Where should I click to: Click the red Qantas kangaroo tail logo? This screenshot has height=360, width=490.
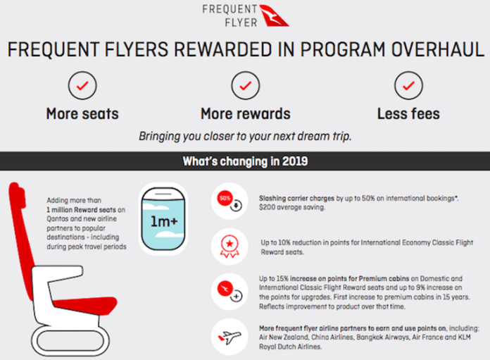pos(273,16)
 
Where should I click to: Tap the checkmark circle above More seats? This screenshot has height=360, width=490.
pos(82,72)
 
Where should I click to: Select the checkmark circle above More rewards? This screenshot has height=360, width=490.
pos(245,72)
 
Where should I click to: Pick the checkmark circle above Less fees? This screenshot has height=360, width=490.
pos(408,72)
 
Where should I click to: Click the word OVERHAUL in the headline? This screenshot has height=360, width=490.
pos(438,49)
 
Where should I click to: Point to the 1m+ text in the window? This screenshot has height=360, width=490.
pos(164,221)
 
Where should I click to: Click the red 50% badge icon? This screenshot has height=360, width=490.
pos(225,198)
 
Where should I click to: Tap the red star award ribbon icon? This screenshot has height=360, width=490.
pos(230,247)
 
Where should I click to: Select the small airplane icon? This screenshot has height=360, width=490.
pos(230,337)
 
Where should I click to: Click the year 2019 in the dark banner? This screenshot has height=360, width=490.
pos(295,161)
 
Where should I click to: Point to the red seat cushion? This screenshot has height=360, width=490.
pos(85,305)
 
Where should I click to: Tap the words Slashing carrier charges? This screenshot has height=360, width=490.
pos(296,198)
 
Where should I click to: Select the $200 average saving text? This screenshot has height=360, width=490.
pos(292,207)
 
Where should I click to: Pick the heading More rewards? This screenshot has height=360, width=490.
pos(246,113)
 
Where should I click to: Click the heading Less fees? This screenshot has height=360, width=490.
pos(408,113)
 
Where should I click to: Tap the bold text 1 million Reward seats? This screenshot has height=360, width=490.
pos(81,209)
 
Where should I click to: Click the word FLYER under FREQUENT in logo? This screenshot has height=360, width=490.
pos(241,23)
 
